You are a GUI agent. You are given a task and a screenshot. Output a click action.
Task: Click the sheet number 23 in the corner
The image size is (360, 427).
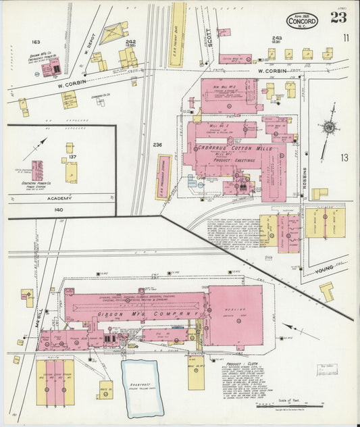tap(338, 17)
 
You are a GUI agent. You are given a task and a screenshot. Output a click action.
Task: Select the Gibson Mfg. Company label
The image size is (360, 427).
tap(149, 313)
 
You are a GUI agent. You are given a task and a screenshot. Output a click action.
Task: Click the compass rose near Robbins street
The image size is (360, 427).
tap(329, 127)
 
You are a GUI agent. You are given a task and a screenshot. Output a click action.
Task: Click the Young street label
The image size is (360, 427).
tap(326, 272)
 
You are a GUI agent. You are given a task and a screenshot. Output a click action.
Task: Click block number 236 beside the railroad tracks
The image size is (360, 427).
tap(158, 145)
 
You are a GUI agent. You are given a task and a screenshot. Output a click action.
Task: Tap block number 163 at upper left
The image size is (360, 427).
tap(36, 42)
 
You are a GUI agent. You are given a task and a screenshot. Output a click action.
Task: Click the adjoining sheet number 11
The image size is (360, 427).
tap(346, 38)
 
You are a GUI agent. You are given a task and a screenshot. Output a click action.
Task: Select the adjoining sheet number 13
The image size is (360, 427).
tap(345, 158)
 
